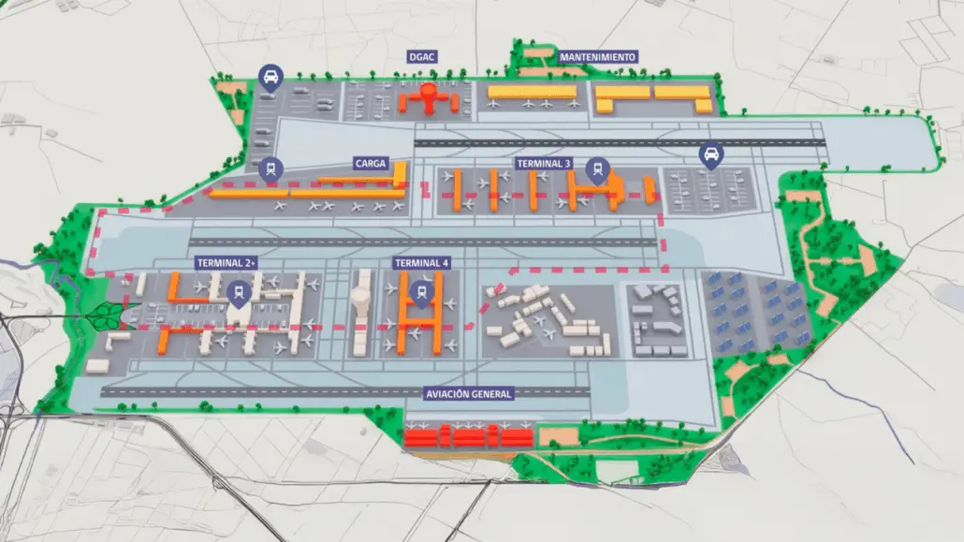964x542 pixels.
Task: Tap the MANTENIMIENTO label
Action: tap(597, 57)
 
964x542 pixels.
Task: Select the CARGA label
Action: tap(371, 163)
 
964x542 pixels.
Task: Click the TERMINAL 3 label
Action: tap(544, 163)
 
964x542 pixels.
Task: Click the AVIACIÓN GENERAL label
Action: tap(468, 394)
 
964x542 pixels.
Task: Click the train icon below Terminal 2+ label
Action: tap(239, 293)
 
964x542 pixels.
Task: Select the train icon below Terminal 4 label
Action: tap(421, 293)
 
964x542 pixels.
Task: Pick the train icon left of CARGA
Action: tap(271, 168)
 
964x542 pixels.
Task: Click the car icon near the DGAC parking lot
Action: tap(270, 77)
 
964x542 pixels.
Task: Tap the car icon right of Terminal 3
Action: tap(711, 154)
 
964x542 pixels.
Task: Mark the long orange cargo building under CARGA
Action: tap(309, 192)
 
